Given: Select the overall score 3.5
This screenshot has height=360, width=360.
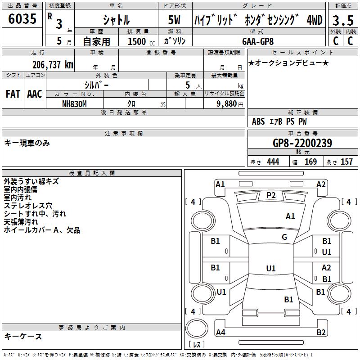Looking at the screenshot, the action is click(342, 21).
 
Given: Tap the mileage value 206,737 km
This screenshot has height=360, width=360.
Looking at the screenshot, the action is click(53, 64).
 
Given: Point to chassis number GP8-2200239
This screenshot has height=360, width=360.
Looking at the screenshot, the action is click(302, 143).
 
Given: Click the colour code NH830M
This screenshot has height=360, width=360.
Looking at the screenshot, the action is click(74, 103).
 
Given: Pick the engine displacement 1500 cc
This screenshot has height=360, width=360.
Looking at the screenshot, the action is click(139, 41).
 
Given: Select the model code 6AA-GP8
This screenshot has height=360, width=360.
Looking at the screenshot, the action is click(258, 41).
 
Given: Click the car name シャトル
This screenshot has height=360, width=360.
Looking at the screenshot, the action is click(116, 20).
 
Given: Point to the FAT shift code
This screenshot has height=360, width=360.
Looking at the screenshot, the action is click(13, 94).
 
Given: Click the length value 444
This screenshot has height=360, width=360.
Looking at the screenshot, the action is click(273, 162).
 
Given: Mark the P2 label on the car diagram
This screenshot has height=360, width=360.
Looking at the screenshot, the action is click(271, 195).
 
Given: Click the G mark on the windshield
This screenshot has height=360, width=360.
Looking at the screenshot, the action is click(284, 237).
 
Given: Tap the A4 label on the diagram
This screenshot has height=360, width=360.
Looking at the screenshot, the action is click(220, 333).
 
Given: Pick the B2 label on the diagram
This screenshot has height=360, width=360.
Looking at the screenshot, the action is click(321, 333).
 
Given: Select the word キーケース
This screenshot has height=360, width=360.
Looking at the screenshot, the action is click(23, 336).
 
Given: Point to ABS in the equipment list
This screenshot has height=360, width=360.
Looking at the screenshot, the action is click(258, 121).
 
